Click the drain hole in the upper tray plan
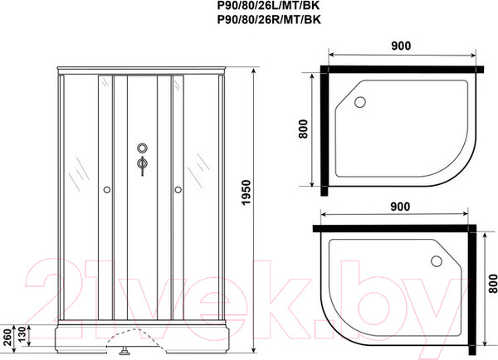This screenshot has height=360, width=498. [x=359, y=103]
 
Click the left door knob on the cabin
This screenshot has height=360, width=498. [x=105, y=190]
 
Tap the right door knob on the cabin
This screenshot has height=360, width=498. [x=177, y=190]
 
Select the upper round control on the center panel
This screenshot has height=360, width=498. [x=141, y=149]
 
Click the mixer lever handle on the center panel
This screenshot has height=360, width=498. [x=142, y=166]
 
